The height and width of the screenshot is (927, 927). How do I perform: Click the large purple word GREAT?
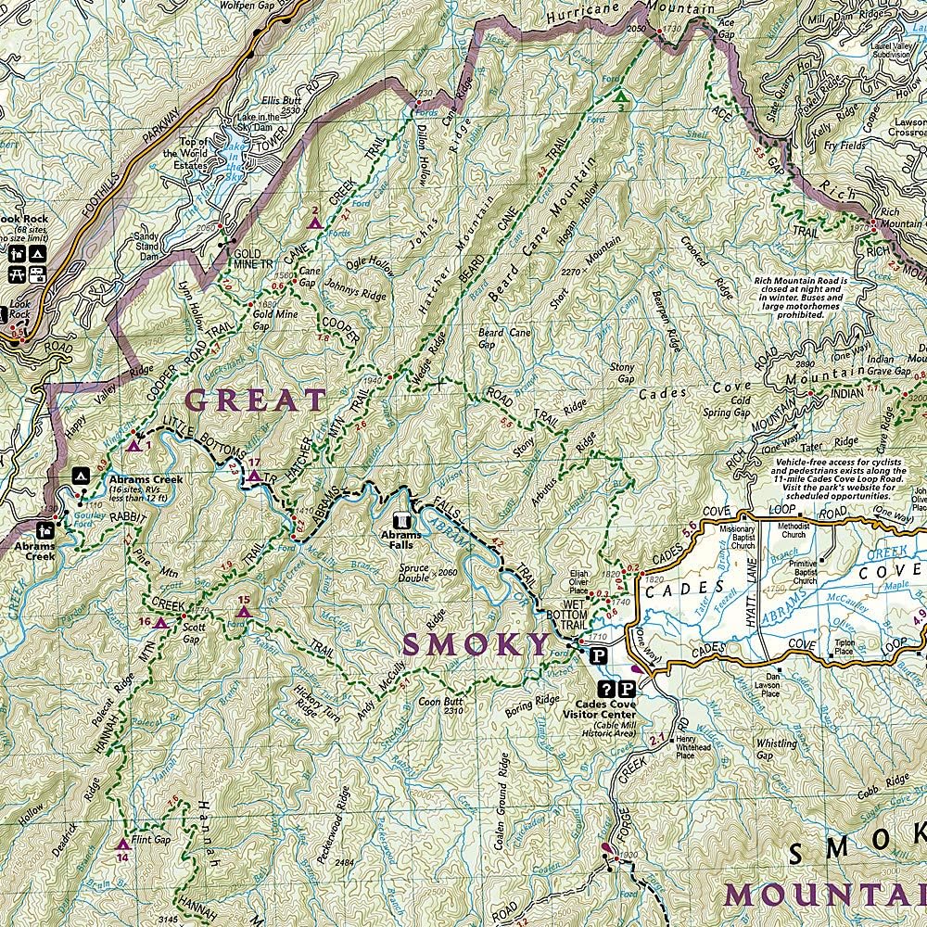tap(256, 400)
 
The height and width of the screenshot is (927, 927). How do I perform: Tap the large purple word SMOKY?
tap(476, 642)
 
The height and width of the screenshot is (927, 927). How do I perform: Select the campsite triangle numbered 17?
tap(254, 476)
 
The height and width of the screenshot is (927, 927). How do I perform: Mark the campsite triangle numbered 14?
tap(122, 844)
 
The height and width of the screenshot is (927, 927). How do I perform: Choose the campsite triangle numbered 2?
tap(315, 222)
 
